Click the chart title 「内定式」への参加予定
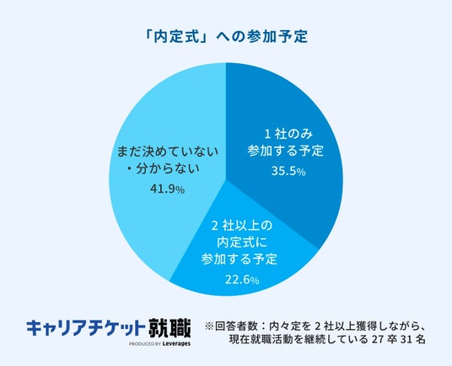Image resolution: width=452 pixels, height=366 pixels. pyautogui.click(x=226, y=37)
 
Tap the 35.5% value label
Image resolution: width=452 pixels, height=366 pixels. pyautogui.click(x=288, y=172)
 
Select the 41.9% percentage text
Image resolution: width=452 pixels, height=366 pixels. pyautogui.click(x=167, y=189)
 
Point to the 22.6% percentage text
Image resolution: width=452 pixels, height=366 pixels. pyautogui.click(x=242, y=279)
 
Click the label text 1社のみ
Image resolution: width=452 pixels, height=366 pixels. pyautogui.click(x=288, y=134)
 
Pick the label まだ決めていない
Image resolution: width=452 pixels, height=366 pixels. pyautogui.click(x=167, y=151)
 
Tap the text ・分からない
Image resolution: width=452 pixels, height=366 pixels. pyautogui.click(x=163, y=169)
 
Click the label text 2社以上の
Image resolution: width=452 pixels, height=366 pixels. pyautogui.click(x=242, y=225)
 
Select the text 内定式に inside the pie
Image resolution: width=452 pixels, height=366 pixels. pyautogui.click(x=242, y=242)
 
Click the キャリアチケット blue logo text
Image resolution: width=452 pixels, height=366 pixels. pyautogui.click(x=86, y=328)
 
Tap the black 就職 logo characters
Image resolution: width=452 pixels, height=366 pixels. pyautogui.click(x=169, y=328)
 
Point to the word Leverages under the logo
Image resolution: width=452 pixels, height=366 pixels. pyautogui.click(x=176, y=343)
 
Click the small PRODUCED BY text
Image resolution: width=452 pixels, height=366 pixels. pyautogui.click(x=145, y=344)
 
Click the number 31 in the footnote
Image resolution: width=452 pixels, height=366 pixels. pyautogui.click(x=405, y=340)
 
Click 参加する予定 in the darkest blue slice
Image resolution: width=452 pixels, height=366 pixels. pyautogui.click(x=286, y=151)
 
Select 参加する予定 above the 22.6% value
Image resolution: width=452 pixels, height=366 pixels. pyautogui.click(x=239, y=259)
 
